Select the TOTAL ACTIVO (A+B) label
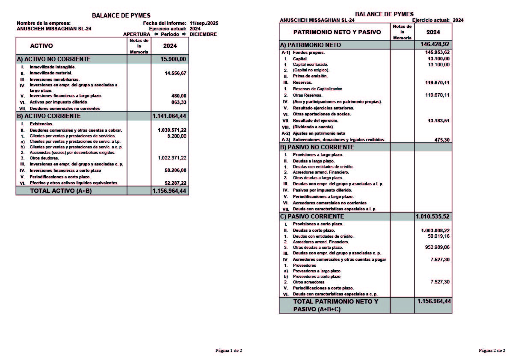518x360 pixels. pyautogui.click(x=60, y=191)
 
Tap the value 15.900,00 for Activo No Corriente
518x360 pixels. pyautogui.click(x=173, y=59)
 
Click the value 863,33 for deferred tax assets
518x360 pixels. pyautogui.click(x=179, y=102)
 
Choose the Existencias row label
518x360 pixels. pyautogui.click(x=41, y=124)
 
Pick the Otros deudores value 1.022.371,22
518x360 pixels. pyautogui.click(x=172, y=158)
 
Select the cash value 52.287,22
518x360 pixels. pyautogui.click(x=175, y=183)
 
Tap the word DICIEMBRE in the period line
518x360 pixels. pyautogui.click(x=203, y=34)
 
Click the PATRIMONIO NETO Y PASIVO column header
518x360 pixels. pyautogui.click(x=334, y=32)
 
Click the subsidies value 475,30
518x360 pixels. pyautogui.click(x=441, y=140)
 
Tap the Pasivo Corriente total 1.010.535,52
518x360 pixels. pyautogui.click(x=432, y=217)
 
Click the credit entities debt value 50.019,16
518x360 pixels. pyautogui.click(x=438, y=236)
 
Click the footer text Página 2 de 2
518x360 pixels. pyautogui.click(x=492, y=351)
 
